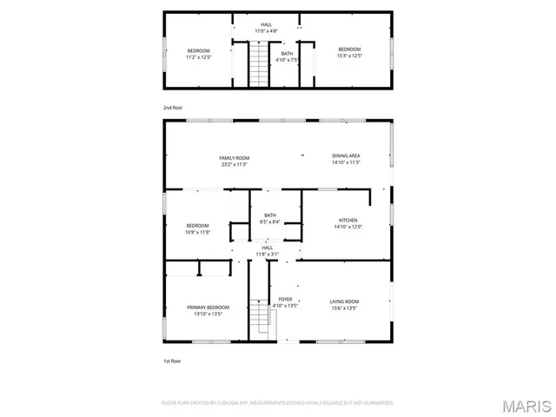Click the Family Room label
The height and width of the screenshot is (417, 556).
[x=235, y=157]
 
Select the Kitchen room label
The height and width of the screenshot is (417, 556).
[x=347, y=221]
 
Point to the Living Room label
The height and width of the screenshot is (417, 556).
[x=344, y=301]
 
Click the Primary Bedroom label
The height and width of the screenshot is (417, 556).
[x=208, y=308]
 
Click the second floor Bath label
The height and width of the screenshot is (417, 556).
[x=287, y=54]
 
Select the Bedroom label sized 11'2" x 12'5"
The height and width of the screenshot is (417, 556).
[x=199, y=50]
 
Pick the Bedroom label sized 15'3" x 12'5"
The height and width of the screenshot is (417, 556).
[x=349, y=49]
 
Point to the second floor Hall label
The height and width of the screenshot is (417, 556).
[x=266, y=24]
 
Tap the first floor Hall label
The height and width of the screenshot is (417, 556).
[x=267, y=248]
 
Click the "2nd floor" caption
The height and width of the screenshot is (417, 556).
[x=174, y=108]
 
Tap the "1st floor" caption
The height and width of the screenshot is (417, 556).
[x=173, y=360]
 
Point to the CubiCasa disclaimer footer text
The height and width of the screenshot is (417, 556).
[x=278, y=403]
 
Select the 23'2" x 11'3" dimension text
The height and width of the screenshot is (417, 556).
[x=235, y=162]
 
